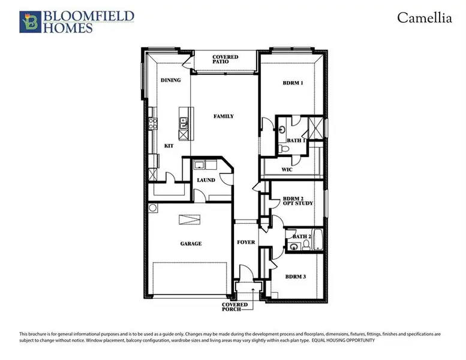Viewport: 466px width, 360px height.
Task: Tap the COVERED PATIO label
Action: point(226,60)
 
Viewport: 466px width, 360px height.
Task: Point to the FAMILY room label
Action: point(224,116)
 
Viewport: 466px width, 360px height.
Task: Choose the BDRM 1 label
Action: point(293,83)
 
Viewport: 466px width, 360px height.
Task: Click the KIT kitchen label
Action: point(169,146)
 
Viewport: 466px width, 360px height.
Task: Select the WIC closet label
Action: point(287,170)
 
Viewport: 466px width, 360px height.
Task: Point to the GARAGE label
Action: point(191,244)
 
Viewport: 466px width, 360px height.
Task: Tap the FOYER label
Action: point(246,242)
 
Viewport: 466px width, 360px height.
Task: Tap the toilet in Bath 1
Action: point(281,148)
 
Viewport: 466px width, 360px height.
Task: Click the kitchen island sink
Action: point(184,124)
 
